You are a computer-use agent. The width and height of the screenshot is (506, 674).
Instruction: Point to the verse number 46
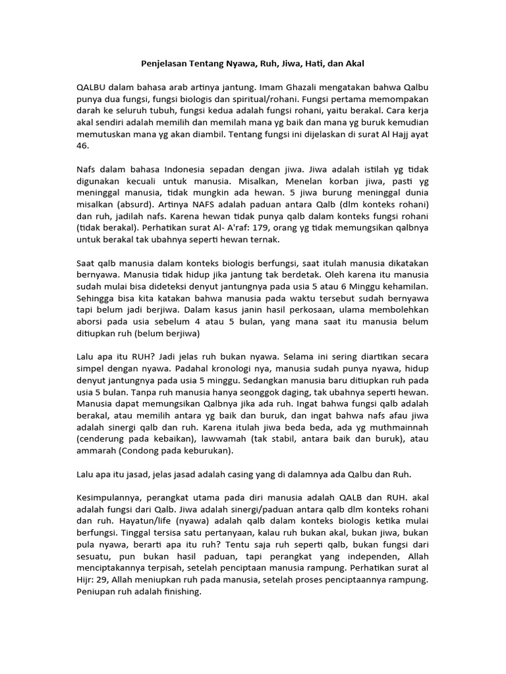82,146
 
